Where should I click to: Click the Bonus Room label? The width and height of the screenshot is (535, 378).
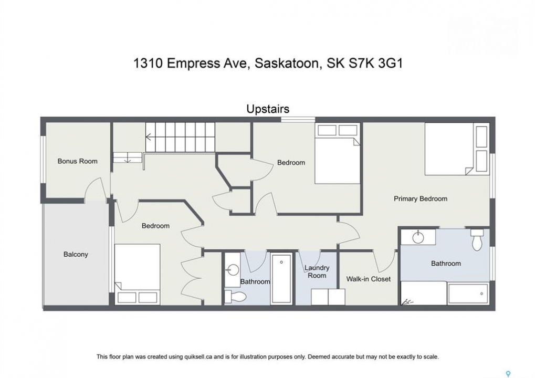[78, 161]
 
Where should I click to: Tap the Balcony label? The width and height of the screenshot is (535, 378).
[76, 254]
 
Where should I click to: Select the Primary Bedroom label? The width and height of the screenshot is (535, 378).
[421, 198]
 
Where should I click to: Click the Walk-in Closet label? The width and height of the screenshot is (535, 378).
[368, 279]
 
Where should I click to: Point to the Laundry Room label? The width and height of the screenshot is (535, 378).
[317, 271]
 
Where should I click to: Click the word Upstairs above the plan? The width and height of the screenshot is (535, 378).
[268, 109]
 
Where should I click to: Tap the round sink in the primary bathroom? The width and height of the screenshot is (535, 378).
[418, 237]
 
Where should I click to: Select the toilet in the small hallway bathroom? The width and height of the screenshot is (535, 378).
[236, 296]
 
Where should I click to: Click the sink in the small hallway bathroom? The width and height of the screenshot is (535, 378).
[232, 270]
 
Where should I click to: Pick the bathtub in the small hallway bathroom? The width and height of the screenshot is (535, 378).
[281, 278]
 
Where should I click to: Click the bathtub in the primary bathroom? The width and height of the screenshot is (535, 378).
[468, 293]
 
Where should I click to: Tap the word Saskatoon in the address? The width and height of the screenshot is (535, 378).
[287, 64]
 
